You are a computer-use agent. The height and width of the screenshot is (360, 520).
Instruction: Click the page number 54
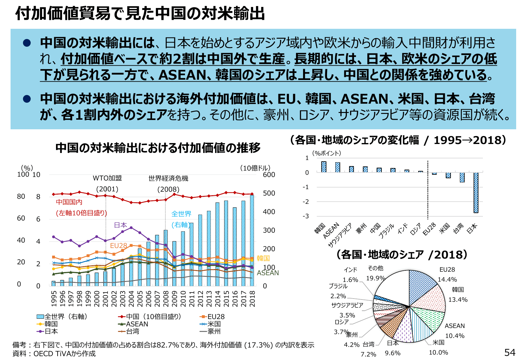pyautogui.click(x=510, y=352)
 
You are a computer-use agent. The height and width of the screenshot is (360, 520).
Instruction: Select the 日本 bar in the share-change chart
pyautogui.click(x=476, y=193)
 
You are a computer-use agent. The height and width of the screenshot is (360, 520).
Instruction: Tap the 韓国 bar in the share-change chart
pyautogui.click(x=324, y=167)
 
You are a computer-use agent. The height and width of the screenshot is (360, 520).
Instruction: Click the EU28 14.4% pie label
pyautogui.click(x=447, y=275)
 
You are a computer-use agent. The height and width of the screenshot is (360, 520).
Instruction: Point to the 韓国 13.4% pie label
pyautogui.click(x=458, y=294)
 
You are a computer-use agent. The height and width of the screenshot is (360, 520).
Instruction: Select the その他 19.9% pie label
pyautogui.click(x=375, y=273)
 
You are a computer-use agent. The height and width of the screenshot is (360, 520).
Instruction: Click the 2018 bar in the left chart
pyautogui.click(x=252, y=240)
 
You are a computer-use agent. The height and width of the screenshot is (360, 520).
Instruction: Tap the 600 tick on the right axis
pyautogui.click(x=269, y=175)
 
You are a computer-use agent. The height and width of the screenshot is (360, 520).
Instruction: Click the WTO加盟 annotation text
pyautogui.click(x=107, y=178)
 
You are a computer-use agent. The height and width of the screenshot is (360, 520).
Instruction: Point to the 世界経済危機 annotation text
pyautogui.click(x=168, y=178)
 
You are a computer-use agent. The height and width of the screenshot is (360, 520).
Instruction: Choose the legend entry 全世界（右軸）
pyautogui.click(x=62, y=316)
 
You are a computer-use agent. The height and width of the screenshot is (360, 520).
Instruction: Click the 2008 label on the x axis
pyautogui.click(x=166, y=299)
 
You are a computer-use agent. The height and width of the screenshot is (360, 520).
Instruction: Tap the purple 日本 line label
pyautogui.click(x=120, y=225)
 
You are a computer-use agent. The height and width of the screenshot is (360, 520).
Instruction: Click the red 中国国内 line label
pyautogui.click(x=69, y=202)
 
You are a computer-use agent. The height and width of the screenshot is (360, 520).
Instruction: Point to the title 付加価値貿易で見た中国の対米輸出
pyautogui.click(x=140, y=14)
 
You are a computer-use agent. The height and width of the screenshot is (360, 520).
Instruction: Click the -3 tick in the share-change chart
pyautogui.click(x=306, y=216)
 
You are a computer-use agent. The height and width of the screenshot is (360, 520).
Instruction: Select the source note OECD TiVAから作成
pyautogui.click(x=64, y=354)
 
